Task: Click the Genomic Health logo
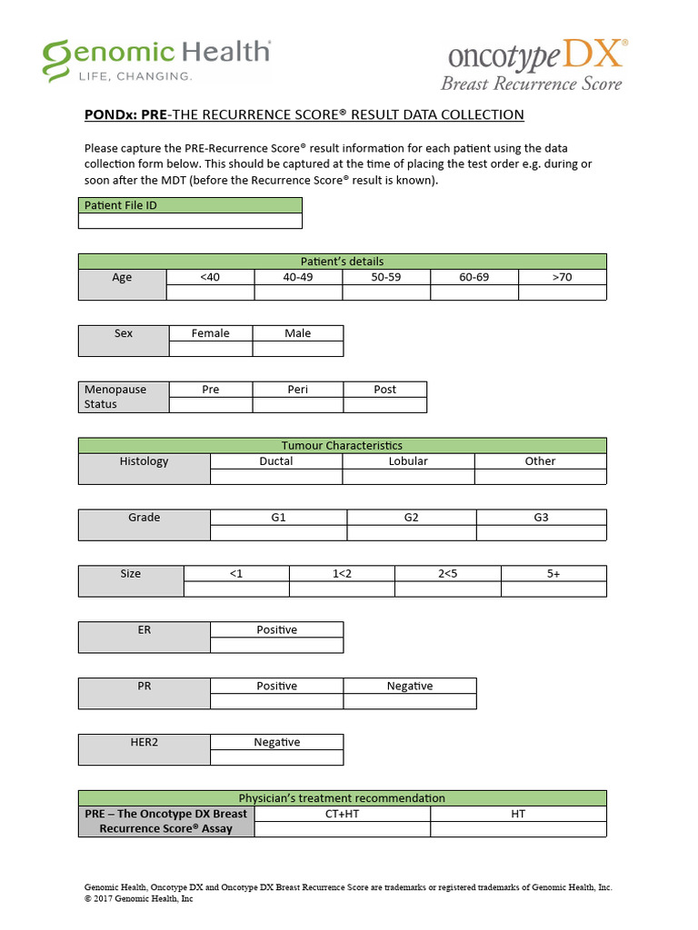click(x=157, y=60)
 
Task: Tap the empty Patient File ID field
click(x=190, y=221)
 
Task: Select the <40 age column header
click(x=210, y=277)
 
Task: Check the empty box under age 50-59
click(x=386, y=292)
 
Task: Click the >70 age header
click(x=562, y=277)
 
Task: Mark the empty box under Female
click(x=210, y=349)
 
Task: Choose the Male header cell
click(x=297, y=333)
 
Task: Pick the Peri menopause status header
click(x=297, y=390)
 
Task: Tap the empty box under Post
click(x=384, y=405)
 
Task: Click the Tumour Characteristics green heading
click(x=342, y=445)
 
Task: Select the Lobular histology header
click(x=408, y=461)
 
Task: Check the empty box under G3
click(x=541, y=533)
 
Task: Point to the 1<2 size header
click(x=342, y=574)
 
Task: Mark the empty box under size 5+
click(x=553, y=589)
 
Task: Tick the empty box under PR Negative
click(x=409, y=702)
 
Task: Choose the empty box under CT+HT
click(x=342, y=829)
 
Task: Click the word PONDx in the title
click(x=110, y=114)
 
